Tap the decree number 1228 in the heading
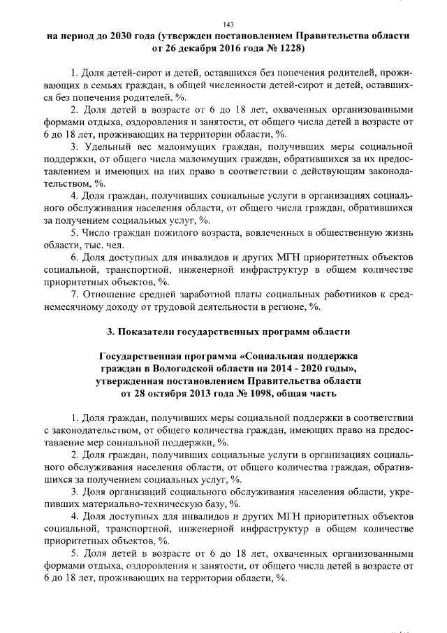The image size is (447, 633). pyautogui.click(x=289, y=50)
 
